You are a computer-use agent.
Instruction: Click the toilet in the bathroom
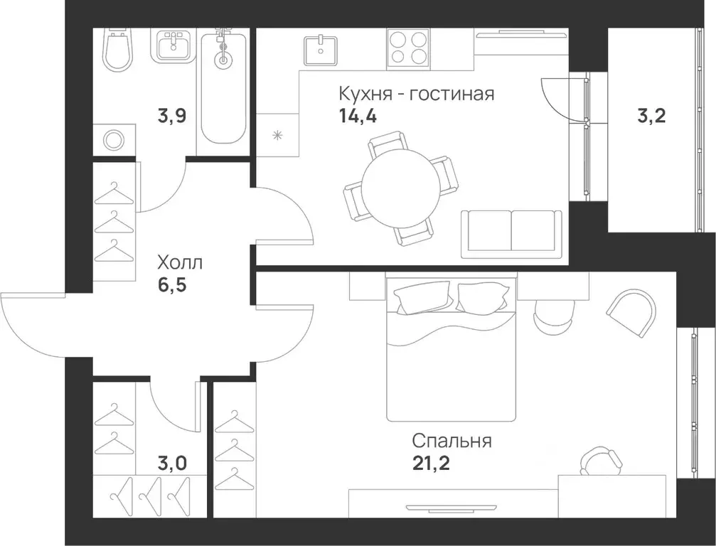(117, 50)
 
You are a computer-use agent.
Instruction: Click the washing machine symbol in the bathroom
(114, 139)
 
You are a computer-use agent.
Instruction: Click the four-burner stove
(408, 48)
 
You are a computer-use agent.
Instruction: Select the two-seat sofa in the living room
(511, 234)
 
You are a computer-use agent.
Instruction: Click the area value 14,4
(358, 117)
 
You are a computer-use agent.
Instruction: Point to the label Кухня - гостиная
(416, 94)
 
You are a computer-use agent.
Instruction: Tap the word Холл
(180, 263)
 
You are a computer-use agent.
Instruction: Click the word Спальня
(452, 441)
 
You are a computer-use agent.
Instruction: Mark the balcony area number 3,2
(651, 117)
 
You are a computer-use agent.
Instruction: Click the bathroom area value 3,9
(172, 116)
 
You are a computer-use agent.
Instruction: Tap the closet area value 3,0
(172, 464)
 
